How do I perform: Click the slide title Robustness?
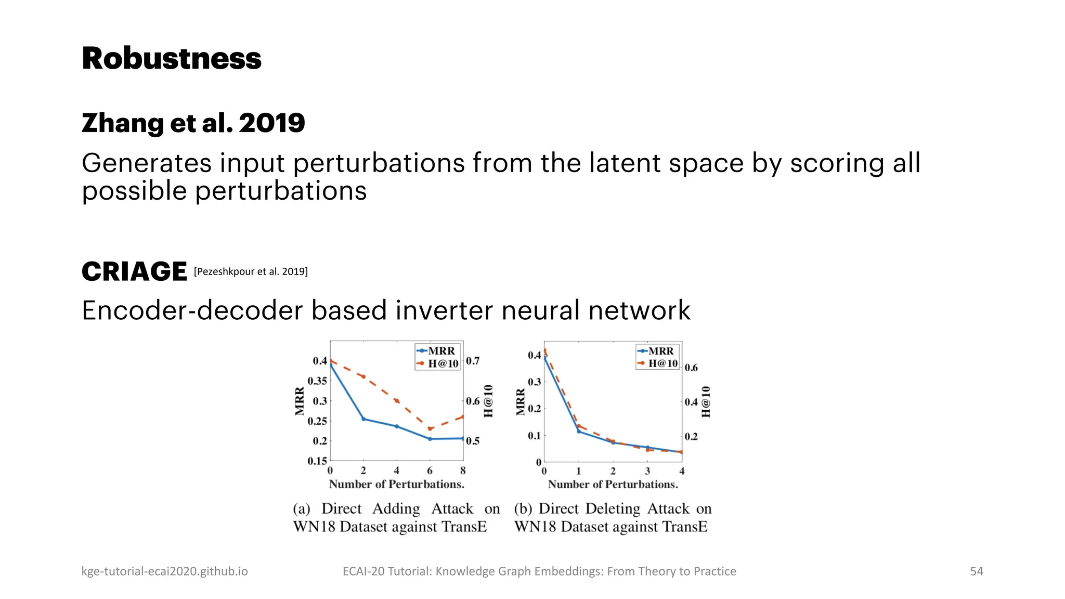[171, 58]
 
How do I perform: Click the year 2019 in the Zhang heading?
[271, 123]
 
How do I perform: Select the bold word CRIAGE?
[134, 271]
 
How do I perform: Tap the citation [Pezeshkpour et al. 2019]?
[251, 271]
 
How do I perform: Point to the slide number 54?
[976, 571]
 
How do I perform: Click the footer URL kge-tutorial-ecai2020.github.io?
[164, 571]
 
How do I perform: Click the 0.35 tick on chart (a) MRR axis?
[317, 381]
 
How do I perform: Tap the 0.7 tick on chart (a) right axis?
[473, 361]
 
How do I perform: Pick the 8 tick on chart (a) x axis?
[463, 471]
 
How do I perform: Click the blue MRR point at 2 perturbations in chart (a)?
[363, 419]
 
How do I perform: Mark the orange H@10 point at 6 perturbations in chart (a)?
[430, 429]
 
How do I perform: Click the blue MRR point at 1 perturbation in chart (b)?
[579, 431]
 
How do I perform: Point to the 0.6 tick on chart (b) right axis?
[691, 368]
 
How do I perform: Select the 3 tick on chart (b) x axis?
[647, 471]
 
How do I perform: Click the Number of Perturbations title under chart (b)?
[613, 484]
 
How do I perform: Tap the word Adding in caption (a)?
[396, 509]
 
